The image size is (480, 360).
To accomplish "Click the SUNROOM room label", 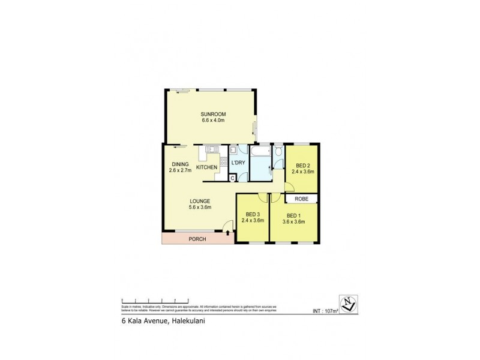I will pyautogui.click(x=213, y=113).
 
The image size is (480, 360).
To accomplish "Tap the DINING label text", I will pyautogui.click(x=180, y=164).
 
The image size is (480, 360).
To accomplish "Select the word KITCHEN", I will pyautogui.click(x=206, y=167).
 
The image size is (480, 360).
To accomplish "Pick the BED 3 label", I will pyautogui.click(x=253, y=214).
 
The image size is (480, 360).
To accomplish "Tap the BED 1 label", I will pyautogui.click(x=293, y=215).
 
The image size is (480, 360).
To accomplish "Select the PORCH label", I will pyautogui.click(x=197, y=239).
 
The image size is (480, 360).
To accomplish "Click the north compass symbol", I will pyautogui.click(x=348, y=304).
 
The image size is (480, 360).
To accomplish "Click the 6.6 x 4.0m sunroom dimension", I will pyautogui.click(x=213, y=120).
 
